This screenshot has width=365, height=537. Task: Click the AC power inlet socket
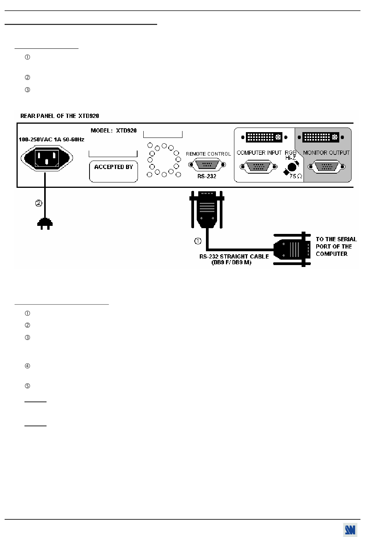47,158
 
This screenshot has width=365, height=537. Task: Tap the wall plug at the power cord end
45,224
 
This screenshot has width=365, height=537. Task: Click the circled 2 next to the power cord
38,203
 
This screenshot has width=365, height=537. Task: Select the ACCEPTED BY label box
113,171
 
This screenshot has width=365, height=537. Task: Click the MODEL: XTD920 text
114,131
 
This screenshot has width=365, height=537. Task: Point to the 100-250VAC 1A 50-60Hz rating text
51,139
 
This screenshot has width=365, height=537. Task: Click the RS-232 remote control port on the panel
207,164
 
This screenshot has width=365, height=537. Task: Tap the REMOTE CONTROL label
208,154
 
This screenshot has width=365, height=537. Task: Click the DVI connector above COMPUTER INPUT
264,138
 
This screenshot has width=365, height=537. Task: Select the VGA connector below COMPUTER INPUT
259,166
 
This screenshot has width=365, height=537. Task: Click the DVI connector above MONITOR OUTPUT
321,138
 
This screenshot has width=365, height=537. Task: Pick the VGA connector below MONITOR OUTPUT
327,166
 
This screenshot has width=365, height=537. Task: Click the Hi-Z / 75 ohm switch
292,167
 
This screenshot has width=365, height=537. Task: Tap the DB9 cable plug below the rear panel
207,209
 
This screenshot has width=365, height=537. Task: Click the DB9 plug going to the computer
292,249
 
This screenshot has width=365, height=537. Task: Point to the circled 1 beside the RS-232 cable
198,241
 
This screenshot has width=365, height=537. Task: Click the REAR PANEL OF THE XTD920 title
60,116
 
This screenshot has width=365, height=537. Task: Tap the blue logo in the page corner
350,530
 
